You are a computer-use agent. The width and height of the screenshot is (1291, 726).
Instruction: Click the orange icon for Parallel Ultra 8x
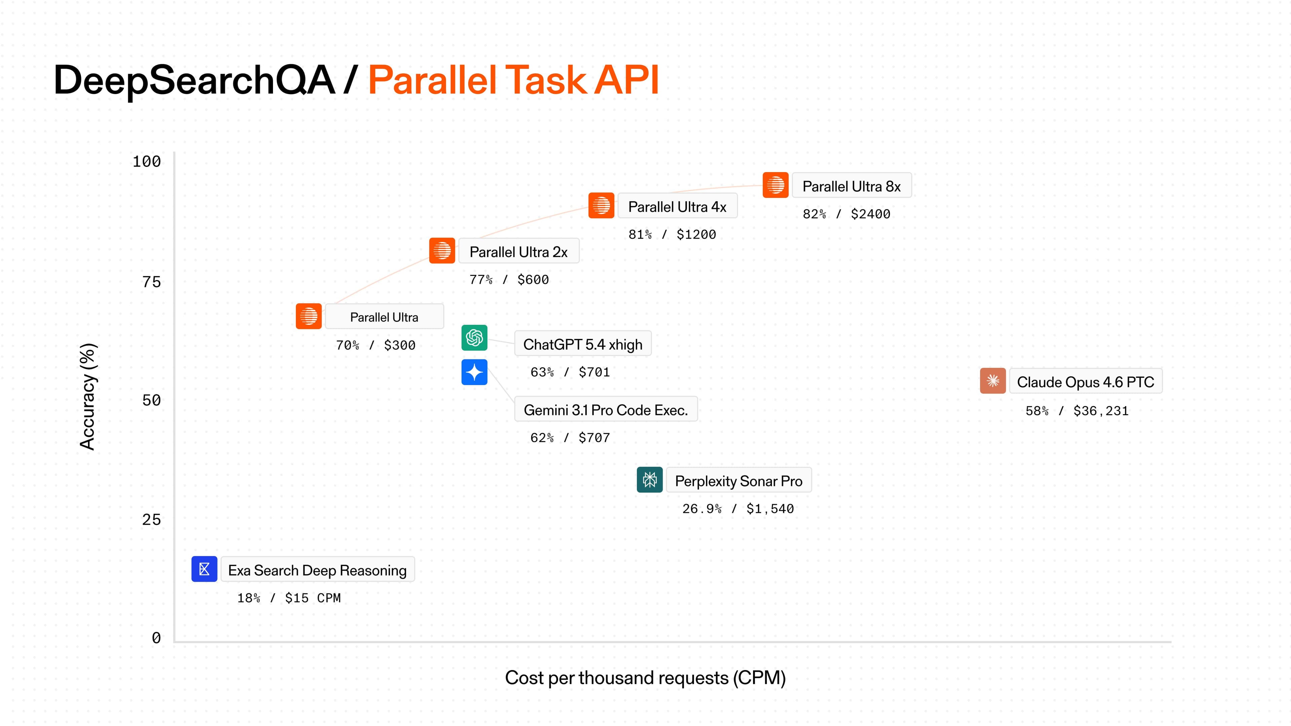point(775,185)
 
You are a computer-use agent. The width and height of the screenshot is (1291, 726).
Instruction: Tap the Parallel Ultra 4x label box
point(677,206)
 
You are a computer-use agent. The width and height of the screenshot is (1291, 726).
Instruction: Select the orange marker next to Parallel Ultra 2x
point(441,250)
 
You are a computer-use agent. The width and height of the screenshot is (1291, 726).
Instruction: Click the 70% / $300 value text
point(376,345)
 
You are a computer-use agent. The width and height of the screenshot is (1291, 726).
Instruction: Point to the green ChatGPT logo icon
point(474,338)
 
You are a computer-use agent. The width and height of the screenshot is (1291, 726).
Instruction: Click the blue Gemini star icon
point(474,372)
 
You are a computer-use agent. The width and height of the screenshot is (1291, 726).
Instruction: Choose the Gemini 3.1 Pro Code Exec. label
point(605,409)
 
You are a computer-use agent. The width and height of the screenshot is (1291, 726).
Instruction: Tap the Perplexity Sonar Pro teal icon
point(650,480)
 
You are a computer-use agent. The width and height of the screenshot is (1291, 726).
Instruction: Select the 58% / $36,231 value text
point(1077,411)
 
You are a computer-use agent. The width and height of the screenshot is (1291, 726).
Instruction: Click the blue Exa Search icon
point(204,569)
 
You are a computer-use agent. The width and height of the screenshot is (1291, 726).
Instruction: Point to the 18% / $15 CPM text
point(289,598)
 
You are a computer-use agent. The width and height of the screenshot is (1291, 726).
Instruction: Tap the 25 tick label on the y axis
point(151,520)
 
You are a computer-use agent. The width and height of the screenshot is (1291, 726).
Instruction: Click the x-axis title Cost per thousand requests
point(645,678)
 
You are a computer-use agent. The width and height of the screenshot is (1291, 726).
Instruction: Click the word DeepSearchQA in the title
point(194,80)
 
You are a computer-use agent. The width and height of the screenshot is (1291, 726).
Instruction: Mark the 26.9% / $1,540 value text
point(738,509)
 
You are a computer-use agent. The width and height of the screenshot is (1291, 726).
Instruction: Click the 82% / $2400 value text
point(846,214)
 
